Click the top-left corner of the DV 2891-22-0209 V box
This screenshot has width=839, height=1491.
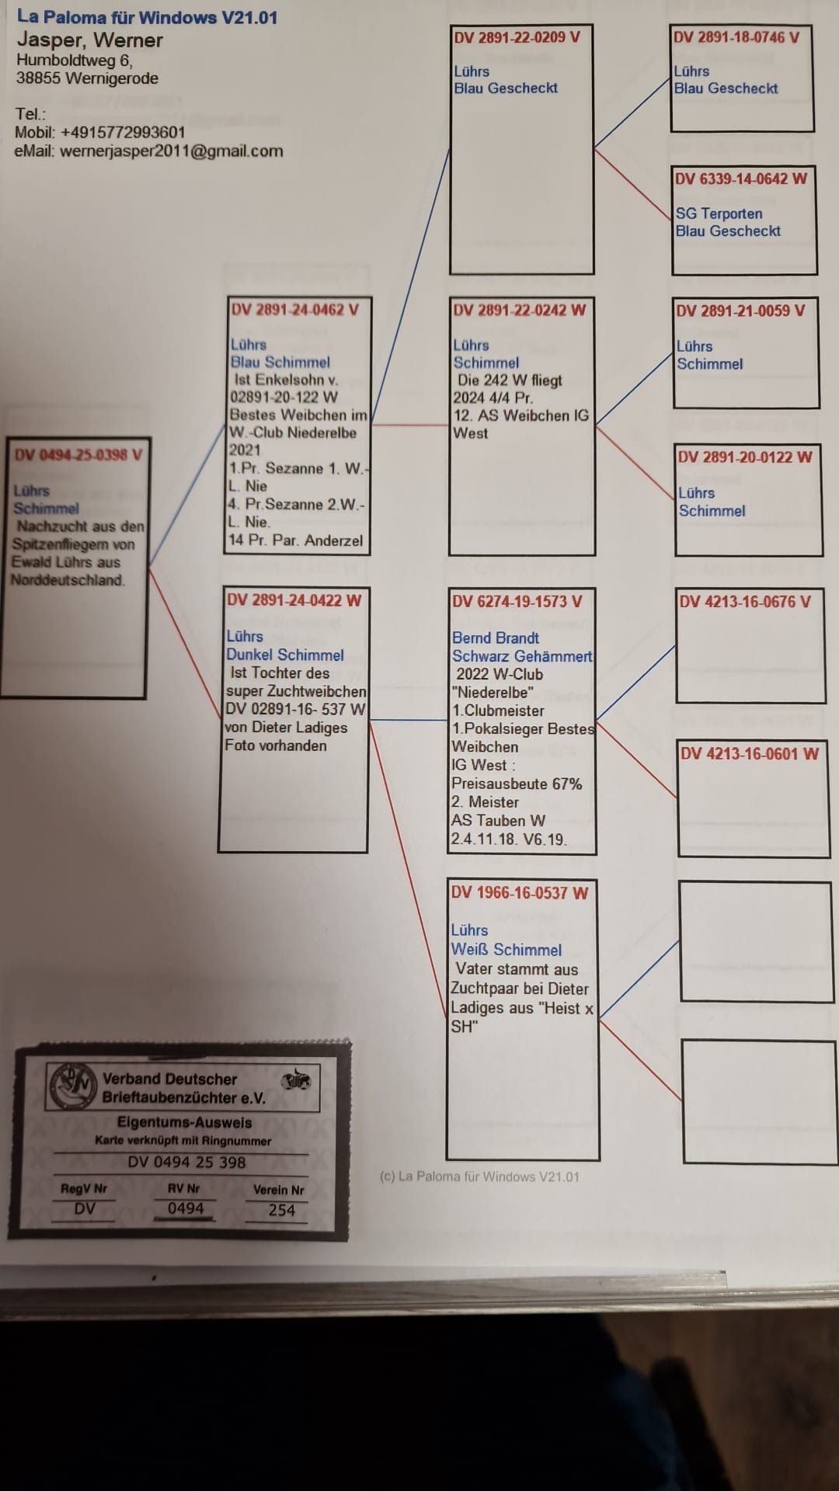(x=451, y=26)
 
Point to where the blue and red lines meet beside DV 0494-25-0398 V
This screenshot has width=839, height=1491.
(x=148, y=566)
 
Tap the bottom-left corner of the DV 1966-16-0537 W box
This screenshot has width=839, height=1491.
(x=447, y=1159)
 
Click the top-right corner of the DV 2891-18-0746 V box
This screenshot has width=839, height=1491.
(x=813, y=26)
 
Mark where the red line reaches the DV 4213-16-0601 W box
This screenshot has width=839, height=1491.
(x=677, y=797)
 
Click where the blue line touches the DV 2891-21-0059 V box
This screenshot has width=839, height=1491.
(x=674, y=355)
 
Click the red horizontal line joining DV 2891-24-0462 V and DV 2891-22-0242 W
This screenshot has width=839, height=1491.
(x=410, y=425)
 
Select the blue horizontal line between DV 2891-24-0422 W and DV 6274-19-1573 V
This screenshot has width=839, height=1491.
(x=408, y=721)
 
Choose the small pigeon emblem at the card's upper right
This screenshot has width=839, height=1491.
(x=296, y=1080)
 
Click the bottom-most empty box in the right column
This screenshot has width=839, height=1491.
(x=760, y=1102)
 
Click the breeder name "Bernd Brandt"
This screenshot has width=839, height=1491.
(x=496, y=638)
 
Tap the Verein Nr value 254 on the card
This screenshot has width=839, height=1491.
(x=281, y=1210)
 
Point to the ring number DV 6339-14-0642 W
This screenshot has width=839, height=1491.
(x=741, y=179)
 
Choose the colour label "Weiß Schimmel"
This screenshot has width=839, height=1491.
(x=506, y=950)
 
